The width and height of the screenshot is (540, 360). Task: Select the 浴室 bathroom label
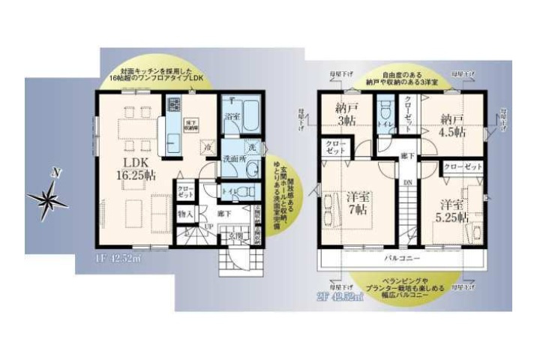[x=232, y=117]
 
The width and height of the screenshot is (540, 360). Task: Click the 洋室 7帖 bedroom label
[x=359, y=203]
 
